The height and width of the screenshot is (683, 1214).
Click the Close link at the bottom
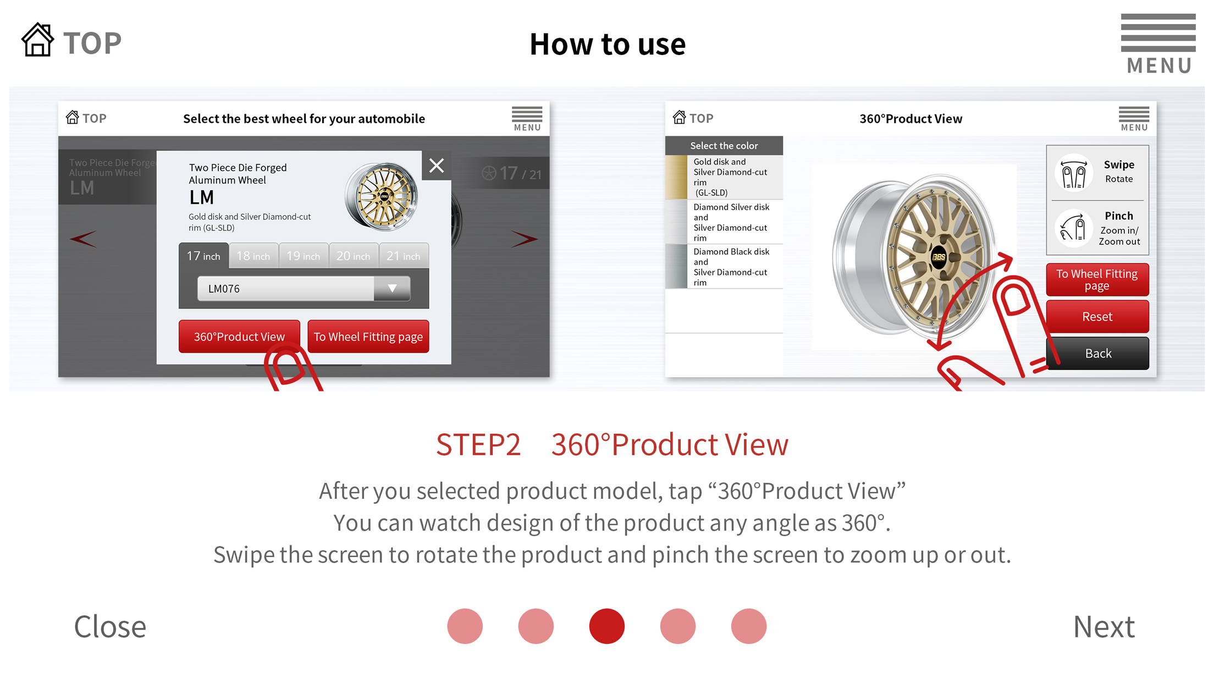110,626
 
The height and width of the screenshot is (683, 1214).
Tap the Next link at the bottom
1103,626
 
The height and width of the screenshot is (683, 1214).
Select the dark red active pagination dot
607,626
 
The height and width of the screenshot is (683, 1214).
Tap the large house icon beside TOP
37,40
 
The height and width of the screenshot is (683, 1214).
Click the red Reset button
1097,316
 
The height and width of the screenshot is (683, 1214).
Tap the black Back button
1097,353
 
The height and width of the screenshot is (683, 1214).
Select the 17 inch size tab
203,256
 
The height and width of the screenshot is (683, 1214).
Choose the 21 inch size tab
404,256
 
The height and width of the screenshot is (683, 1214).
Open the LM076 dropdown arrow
392,288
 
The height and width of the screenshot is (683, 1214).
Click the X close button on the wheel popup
437,166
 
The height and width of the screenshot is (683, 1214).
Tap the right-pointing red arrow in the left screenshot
524,239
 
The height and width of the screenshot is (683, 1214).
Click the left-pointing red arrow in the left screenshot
84,239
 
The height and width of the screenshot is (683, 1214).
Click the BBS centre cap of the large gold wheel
938,257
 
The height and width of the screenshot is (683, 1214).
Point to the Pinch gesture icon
1073,228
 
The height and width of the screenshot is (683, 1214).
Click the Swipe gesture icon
1073,172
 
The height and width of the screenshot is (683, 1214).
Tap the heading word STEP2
478,444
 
